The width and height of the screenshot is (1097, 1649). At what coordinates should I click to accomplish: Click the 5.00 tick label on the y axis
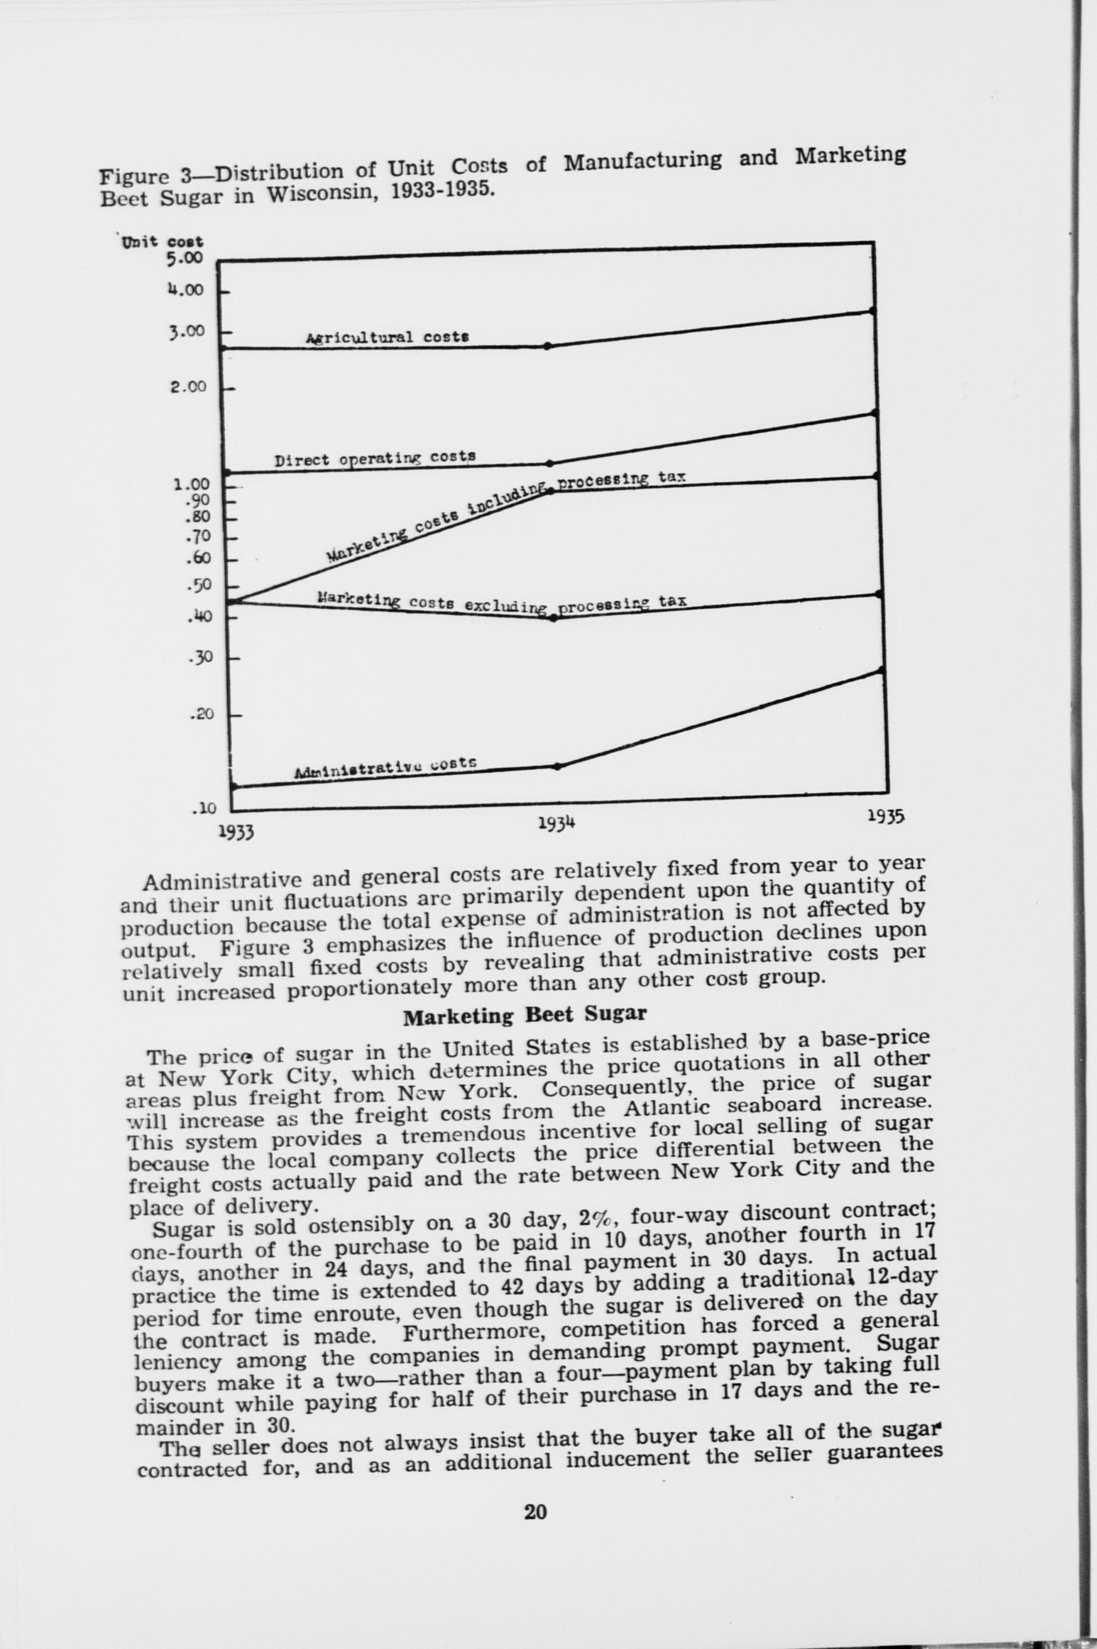184,259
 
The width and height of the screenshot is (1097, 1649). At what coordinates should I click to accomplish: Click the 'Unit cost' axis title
162,242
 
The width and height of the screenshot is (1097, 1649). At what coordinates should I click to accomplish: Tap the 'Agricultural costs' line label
387,337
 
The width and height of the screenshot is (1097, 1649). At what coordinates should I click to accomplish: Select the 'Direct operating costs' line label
375,458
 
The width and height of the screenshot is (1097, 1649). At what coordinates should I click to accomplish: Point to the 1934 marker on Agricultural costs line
548,346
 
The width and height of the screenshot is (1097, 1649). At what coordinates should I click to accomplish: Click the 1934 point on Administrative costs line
557,765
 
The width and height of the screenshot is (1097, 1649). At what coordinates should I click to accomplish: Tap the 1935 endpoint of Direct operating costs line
875,413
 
